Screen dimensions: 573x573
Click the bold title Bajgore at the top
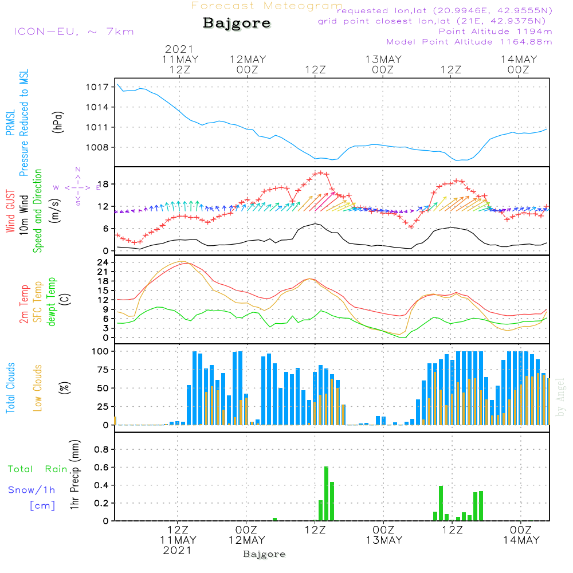(x=237, y=23)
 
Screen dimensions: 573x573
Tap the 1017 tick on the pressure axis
(x=97, y=87)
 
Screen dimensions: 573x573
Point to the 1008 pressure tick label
(x=97, y=148)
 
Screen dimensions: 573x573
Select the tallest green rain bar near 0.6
(x=327, y=494)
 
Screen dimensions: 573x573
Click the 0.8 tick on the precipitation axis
(x=101, y=449)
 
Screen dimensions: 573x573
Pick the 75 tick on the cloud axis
(x=103, y=370)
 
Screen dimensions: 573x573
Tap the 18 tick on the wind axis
(x=103, y=184)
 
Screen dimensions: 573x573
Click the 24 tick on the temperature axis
(x=103, y=262)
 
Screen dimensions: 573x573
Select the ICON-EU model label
(x=74, y=32)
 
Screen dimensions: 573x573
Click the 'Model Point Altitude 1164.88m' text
(x=469, y=42)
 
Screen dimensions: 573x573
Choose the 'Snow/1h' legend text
(x=32, y=490)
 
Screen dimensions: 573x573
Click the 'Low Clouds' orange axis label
(x=37, y=388)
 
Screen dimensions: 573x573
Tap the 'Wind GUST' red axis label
(x=10, y=211)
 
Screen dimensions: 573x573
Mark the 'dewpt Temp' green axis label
(x=51, y=301)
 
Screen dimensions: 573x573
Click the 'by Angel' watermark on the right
(x=560, y=397)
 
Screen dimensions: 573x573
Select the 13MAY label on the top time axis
(x=383, y=60)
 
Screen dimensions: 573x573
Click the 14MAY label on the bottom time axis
(x=521, y=540)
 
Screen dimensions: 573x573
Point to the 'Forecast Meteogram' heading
(x=267, y=6)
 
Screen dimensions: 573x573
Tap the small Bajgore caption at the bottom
(x=264, y=554)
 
